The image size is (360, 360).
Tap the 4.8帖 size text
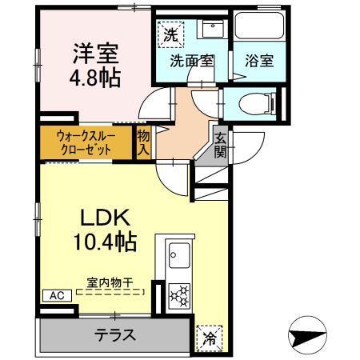pos(94,78)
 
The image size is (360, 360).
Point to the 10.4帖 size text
pos(105,240)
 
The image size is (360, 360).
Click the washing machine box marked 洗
pos(170,34)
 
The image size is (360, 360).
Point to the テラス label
pos(115,335)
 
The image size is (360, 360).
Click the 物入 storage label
pos(144,142)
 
